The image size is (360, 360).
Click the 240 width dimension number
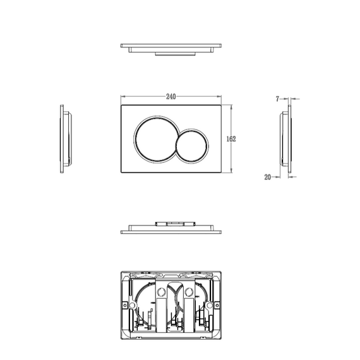[x=171, y=96]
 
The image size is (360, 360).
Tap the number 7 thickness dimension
[x=278, y=99]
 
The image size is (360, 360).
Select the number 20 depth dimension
[x=268, y=177]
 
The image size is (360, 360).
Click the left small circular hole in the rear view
[x=160, y=292]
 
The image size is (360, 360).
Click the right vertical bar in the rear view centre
[x=187, y=309]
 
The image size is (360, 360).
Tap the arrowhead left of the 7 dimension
[x=284, y=99]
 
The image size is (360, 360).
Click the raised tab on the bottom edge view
[x=171, y=223]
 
